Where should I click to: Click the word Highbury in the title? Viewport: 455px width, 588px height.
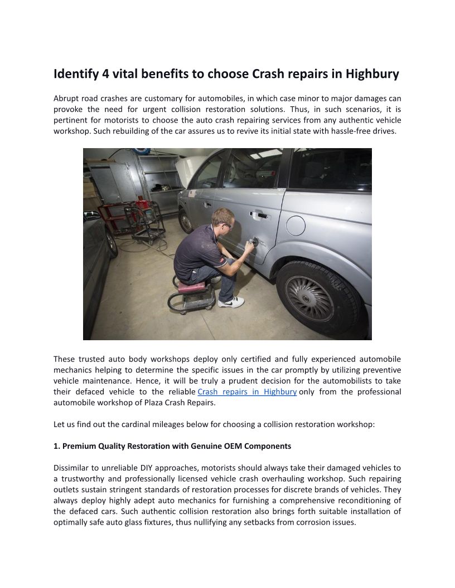pyautogui.click(x=372, y=74)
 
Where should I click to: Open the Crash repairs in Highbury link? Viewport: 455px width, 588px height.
pyautogui.click(x=247, y=391)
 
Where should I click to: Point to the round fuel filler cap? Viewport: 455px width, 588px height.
pyautogui.click(x=295, y=226)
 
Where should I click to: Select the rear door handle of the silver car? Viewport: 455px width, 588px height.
pyautogui.click(x=259, y=214)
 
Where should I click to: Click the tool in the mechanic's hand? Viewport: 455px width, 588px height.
pyautogui.click(x=255, y=242)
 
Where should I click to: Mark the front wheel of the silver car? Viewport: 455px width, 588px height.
pyautogui.click(x=185, y=221)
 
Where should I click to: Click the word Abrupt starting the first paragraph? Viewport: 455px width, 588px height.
pyautogui.click(x=66, y=99)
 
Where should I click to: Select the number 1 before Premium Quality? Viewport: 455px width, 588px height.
pyautogui.click(x=56, y=446)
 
